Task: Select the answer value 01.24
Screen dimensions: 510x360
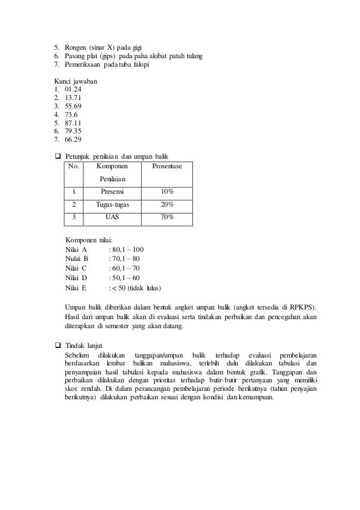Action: pyautogui.click(x=74, y=89)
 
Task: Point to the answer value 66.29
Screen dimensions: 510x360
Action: pyautogui.click(x=73, y=140)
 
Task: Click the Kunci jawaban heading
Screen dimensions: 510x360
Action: pyautogui.click(x=76, y=81)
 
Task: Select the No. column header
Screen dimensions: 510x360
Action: pyautogui.click(x=74, y=167)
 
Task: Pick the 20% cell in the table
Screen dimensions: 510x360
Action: pyautogui.click(x=166, y=204)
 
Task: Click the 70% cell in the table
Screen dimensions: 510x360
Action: pyautogui.click(x=166, y=217)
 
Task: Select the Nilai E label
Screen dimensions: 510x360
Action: pyautogui.click(x=76, y=288)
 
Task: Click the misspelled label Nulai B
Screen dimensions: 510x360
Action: pyautogui.click(x=77, y=259)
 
